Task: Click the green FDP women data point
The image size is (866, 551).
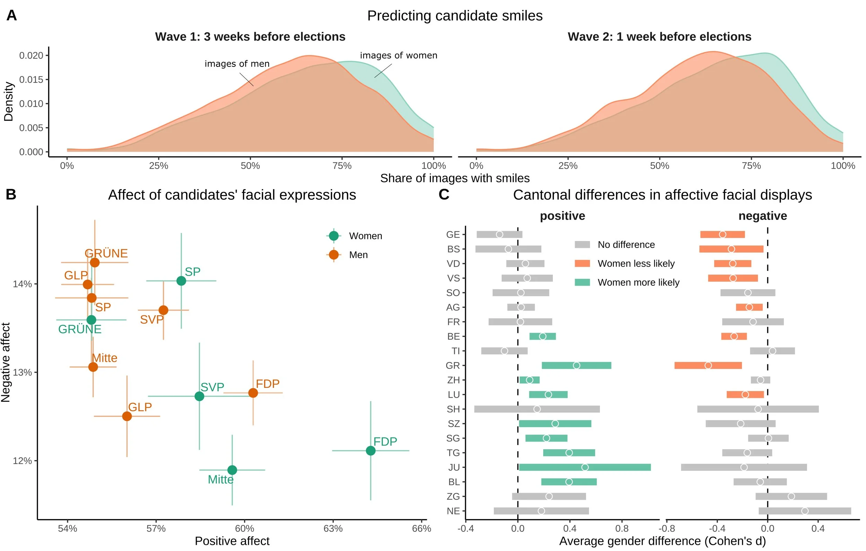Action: tap(370, 450)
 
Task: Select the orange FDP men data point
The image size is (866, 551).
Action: tap(253, 393)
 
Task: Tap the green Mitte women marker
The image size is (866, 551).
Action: tap(232, 470)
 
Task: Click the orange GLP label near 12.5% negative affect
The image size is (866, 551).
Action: tap(140, 407)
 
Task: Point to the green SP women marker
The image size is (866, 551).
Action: tap(181, 281)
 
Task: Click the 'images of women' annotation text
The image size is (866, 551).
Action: tap(398, 55)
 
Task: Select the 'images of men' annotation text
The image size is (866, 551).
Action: tap(237, 64)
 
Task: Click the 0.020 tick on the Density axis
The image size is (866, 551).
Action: tap(31, 55)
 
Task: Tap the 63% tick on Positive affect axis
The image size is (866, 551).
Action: tap(333, 528)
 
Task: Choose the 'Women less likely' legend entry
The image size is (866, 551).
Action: tap(636, 264)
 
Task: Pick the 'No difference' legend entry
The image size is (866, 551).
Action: tap(626, 245)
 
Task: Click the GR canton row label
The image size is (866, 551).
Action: tap(452, 365)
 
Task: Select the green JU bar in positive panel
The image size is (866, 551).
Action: tap(584, 467)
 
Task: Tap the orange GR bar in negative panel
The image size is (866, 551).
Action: tap(708, 365)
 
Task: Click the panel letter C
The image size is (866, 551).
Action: tap(444, 195)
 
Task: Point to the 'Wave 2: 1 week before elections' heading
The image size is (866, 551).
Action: tap(659, 37)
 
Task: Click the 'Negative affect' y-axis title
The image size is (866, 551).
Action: tap(6, 362)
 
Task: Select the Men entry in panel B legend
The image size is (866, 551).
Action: tap(358, 255)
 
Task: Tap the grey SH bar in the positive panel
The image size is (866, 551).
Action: tap(537, 409)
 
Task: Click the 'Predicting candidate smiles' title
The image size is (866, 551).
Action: tap(454, 16)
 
